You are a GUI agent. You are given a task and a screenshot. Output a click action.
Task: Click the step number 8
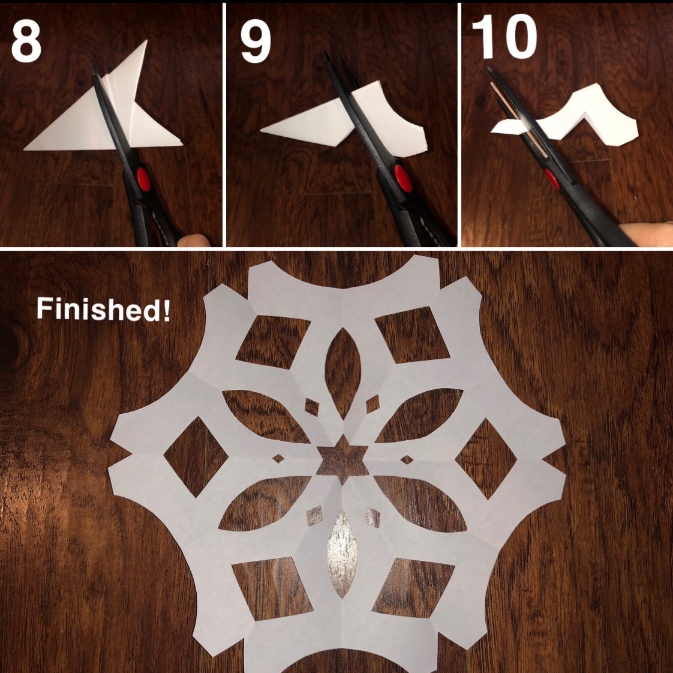click(26, 41)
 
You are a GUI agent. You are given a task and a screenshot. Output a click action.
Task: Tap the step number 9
click(256, 42)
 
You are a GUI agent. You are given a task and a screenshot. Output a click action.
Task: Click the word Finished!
click(103, 309)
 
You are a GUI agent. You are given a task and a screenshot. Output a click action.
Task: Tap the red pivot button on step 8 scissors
click(143, 179)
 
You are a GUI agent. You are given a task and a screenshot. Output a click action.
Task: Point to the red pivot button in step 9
click(403, 178)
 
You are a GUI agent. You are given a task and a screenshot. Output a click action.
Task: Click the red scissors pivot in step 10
click(552, 179)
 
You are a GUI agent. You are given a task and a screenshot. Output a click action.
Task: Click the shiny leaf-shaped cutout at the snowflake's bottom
click(342, 553)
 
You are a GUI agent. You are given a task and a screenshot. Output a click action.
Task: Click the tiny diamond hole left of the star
click(278, 458)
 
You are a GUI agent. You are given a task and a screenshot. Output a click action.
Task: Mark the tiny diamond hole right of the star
click(407, 460)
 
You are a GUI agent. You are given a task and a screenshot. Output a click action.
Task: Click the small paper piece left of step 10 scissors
click(506, 127)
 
